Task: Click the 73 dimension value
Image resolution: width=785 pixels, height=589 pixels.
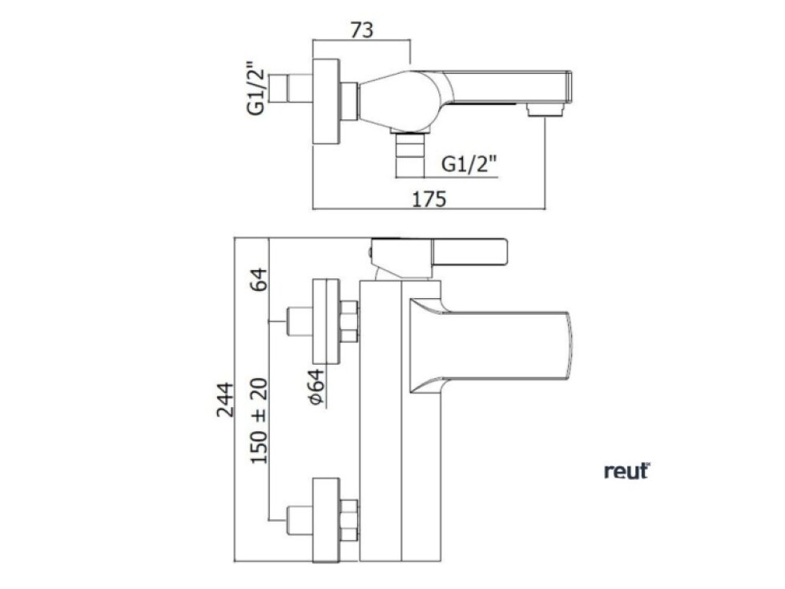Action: pyautogui.click(x=361, y=30)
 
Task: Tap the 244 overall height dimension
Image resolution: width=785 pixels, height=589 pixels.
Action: pyautogui.click(x=226, y=400)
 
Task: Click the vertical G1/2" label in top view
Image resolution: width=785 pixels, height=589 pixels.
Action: pyautogui.click(x=255, y=89)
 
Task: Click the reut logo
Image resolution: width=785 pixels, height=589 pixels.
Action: pyautogui.click(x=626, y=472)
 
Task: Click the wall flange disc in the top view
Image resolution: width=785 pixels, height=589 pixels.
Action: pyautogui.click(x=325, y=103)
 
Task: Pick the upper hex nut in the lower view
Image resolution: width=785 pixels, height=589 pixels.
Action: pyautogui.click(x=349, y=320)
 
